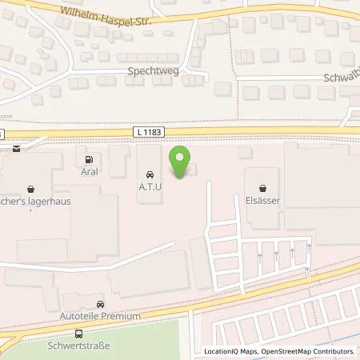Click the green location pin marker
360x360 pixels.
(179, 163)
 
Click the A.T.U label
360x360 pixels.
(149, 185)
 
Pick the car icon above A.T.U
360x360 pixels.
(149, 173)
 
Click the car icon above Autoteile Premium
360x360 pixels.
(100, 305)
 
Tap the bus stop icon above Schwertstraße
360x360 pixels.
(78, 334)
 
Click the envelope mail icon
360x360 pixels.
(15, 149)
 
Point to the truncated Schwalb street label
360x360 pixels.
(342, 79)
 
